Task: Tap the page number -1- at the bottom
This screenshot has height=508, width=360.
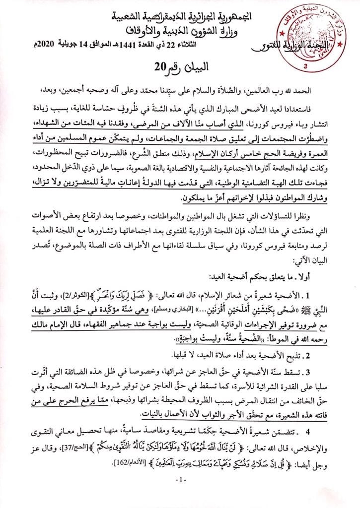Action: [179, 493]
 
